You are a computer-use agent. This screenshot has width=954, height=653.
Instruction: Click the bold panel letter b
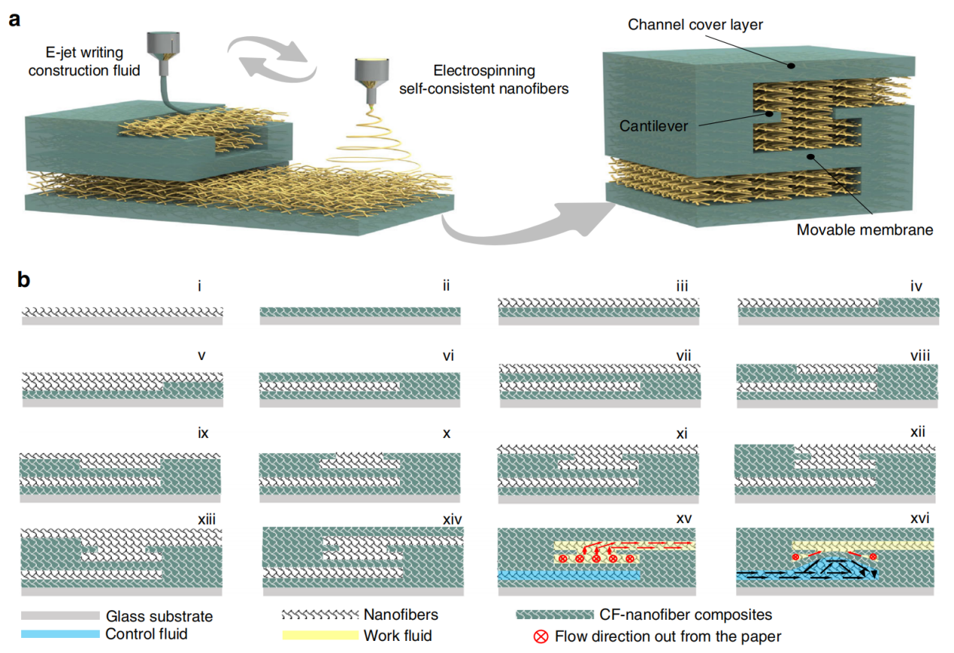[x=24, y=281]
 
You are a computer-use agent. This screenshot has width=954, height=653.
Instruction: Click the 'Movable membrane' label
[x=865, y=230]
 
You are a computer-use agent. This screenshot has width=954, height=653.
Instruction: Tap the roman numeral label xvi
[x=919, y=518]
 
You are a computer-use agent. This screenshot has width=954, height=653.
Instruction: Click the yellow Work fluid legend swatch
[x=320, y=635]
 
